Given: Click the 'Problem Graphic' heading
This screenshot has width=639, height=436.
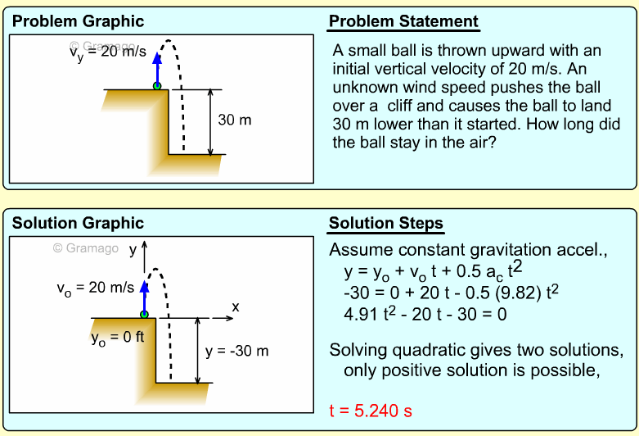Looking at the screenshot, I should tap(78, 21).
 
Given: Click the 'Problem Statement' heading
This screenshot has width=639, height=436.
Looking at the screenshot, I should tap(403, 21).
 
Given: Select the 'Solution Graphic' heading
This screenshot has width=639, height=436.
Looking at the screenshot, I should tap(78, 223).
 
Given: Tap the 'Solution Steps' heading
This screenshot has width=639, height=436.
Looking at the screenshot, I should tap(386, 223).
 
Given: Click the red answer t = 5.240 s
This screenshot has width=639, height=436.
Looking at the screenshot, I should tap(371, 411).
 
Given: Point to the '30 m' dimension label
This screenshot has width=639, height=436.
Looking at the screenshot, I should tap(236, 120).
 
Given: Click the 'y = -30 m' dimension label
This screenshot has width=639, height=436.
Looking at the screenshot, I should tap(237, 351).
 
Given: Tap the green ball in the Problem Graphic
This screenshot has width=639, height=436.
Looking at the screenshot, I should tap(157, 85).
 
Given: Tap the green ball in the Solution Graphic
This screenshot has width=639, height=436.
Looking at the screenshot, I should tap(145, 313).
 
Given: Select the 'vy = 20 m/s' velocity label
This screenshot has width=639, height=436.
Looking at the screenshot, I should tap(107, 52).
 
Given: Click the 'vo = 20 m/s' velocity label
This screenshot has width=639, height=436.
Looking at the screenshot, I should tap(96, 288).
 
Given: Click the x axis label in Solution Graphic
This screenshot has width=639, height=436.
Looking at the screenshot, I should tap(236, 307).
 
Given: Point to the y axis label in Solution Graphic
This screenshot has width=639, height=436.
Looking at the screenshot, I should tap(132, 249).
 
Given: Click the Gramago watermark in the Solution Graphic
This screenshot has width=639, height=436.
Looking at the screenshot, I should tap(86, 248).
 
